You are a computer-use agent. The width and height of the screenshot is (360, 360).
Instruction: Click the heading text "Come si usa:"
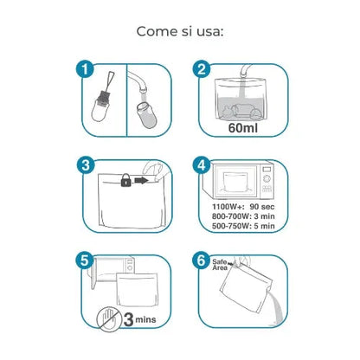coord(180,31)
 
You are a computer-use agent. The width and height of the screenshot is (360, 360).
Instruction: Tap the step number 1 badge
coord(84,69)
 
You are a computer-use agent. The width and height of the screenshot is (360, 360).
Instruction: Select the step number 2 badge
coord(202,69)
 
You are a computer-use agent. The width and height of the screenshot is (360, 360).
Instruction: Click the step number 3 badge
coord(84,164)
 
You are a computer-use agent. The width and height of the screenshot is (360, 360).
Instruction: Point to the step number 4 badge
coord(202,164)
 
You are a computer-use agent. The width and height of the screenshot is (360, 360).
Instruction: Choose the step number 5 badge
coord(84,259)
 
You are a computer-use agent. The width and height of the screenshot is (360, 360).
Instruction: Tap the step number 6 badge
coord(202,259)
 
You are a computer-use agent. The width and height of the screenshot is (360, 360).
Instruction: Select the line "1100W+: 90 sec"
coord(243,209)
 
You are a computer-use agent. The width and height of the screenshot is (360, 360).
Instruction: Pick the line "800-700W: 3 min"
coord(243,218)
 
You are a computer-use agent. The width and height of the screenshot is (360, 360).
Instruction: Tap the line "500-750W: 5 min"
coord(243,228)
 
